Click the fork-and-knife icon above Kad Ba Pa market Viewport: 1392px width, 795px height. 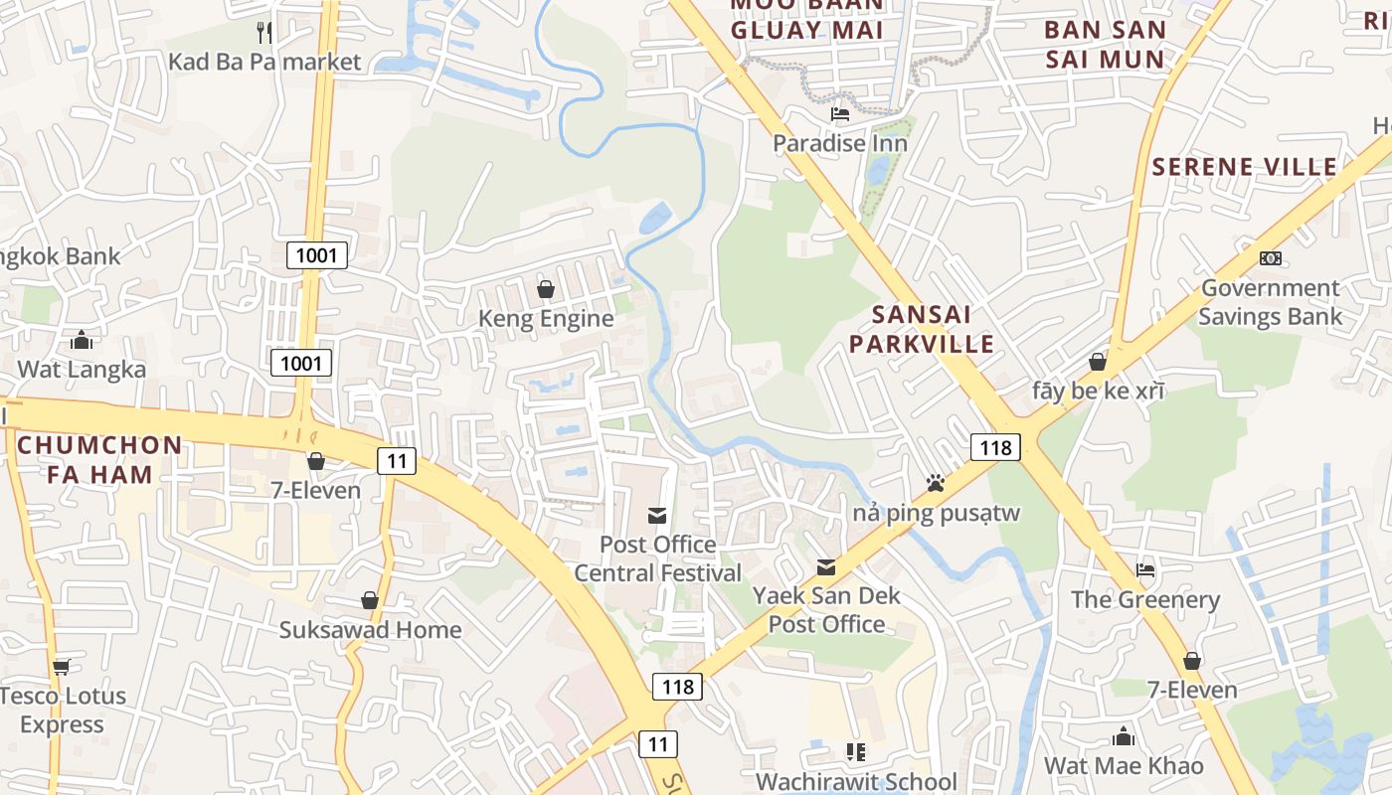tap(264, 32)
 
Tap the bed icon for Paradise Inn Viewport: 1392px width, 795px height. tap(840, 114)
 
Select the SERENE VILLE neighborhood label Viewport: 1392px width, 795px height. tap(1245, 166)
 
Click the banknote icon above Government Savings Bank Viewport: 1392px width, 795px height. tap(1270, 258)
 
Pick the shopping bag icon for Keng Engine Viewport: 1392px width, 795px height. tap(546, 289)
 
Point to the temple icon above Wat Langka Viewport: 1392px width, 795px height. tap(82, 341)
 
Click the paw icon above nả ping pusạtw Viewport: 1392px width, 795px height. tap(936, 483)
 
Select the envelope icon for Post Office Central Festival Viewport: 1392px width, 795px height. tap(657, 515)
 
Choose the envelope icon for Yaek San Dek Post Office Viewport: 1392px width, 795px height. tap(826, 566)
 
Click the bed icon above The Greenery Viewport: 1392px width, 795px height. tap(1145, 570)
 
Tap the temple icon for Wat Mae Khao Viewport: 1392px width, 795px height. tap(1124, 736)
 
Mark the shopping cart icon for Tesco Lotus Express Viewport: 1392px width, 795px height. tap(62, 667)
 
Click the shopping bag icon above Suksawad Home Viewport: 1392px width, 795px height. tap(370, 600)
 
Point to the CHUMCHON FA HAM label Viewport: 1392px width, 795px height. tap(99, 459)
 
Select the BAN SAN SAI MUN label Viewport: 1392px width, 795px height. tap(1105, 44)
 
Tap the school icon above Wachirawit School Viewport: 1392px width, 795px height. tap(855, 752)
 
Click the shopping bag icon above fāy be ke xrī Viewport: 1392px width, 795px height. tap(1098, 362)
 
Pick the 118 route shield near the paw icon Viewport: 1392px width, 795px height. tap(995, 447)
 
